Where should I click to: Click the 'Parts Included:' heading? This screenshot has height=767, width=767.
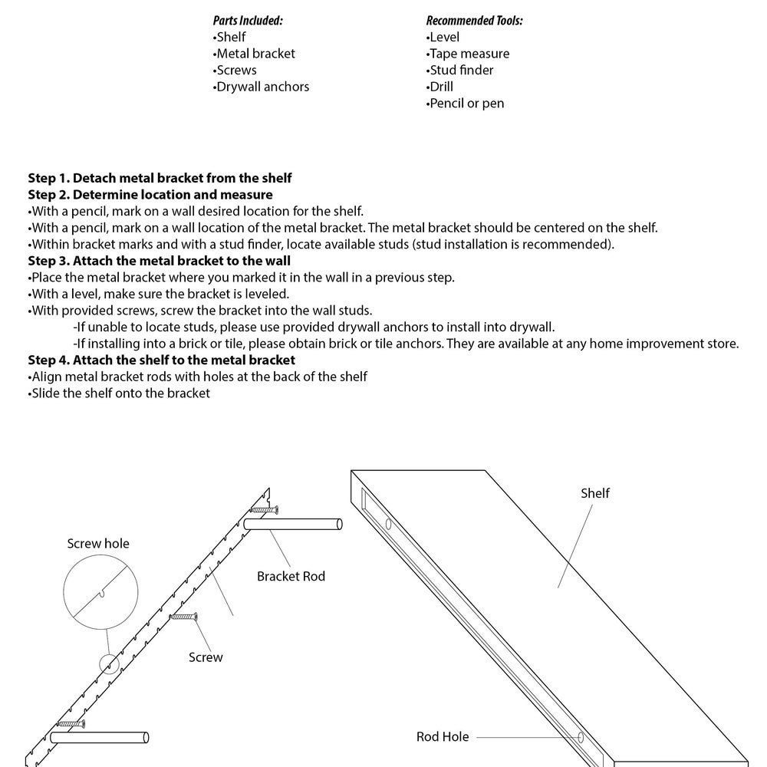[247, 21]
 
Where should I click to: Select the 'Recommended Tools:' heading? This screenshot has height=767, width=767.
[474, 21]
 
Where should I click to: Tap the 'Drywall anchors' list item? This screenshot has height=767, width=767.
[262, 87]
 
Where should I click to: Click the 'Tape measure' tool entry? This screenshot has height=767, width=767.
[468, 54]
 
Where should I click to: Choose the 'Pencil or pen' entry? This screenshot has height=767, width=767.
[466, 104]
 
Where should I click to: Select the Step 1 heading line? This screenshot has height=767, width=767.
[160, 178]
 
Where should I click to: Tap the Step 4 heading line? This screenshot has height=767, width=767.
[161, 360]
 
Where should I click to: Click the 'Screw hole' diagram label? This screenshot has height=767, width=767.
[98, 544]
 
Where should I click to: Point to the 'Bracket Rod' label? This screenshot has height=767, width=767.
[291, 576]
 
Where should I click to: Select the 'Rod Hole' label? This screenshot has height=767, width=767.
[443, 737]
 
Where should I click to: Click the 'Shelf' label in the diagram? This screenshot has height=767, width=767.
[595, 493]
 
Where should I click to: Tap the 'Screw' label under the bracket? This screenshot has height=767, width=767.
[206, 657]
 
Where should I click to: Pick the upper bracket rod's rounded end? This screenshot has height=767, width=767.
[337, 525]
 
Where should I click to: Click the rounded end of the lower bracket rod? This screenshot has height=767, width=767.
[145, 738]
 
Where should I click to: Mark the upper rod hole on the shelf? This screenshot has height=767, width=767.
[389, 525]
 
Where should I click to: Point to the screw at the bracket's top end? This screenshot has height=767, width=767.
[263, 509]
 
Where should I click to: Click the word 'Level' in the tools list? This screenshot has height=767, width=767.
[445, 37]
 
